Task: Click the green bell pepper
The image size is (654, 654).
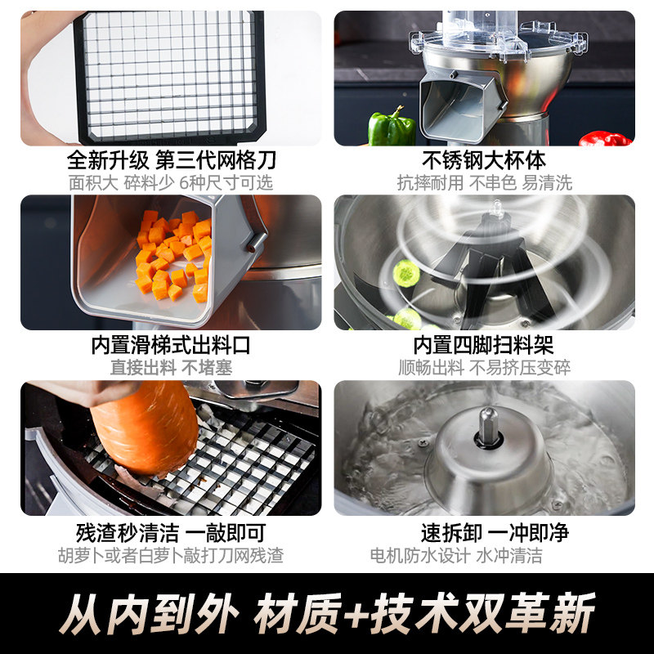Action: [392, 126]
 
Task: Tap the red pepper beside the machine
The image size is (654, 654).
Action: [605, 138]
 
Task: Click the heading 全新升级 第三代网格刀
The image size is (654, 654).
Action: [172, 160]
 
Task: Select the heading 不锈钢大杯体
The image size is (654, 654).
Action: [484, 160]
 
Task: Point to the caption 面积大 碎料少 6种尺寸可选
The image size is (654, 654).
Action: [171, 182]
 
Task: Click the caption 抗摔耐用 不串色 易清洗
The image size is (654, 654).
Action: [484, 182]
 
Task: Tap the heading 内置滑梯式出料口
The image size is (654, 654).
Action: [171, 345]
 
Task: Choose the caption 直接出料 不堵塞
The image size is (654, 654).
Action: [171, 368]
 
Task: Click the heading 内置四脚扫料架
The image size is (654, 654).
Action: [484, 345]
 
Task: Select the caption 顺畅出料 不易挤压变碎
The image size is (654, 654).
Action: [484, 368]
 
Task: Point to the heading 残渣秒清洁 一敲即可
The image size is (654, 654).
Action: [171, 533]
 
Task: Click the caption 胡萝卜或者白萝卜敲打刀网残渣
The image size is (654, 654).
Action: [171, 556]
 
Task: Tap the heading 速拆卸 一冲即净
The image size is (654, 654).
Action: [495, 533]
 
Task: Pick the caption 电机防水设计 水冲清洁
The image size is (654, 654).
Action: [456, 556]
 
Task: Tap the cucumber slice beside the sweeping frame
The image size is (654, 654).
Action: [406, 273]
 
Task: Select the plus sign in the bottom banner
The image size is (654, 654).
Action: [355, 613]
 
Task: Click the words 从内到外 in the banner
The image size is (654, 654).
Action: [149, 613]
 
